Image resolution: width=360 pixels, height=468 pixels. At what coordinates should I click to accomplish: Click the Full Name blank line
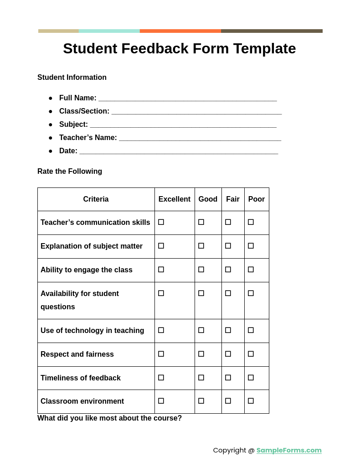click(187, 99)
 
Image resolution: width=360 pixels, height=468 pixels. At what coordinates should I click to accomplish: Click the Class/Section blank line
click(196, 112)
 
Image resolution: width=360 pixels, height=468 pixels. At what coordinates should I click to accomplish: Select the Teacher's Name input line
click(200, 138)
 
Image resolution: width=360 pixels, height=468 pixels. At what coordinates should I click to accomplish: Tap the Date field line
click(179, 151)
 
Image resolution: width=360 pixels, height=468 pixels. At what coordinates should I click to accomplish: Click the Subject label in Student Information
click(73, 125)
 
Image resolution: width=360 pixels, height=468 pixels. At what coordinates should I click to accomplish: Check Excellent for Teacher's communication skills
click(161, 222)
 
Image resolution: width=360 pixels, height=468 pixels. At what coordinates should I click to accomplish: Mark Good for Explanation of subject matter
click(201, 246)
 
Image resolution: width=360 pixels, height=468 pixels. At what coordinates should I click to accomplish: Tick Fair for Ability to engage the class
click(228, 270)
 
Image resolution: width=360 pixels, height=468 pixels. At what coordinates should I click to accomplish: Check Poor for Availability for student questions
click(251, 293)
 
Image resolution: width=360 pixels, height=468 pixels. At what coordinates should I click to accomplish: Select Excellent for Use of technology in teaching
click(161, 330)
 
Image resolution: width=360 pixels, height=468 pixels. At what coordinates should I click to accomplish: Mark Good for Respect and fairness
click(201, 354)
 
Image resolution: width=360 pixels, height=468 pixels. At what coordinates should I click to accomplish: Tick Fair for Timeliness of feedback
click(228, 378)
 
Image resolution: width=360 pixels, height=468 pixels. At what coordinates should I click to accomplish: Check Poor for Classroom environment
click(251, 401)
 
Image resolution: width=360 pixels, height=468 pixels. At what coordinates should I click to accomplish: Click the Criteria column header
click(96, 199)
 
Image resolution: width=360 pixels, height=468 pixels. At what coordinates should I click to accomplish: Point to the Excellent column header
click(175, 199)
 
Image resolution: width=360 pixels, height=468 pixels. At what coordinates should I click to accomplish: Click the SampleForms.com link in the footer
click(289, 450)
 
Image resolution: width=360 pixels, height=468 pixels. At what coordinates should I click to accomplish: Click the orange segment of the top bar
click(180, 31)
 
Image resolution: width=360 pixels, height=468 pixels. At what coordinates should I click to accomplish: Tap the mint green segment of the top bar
click(109, 31)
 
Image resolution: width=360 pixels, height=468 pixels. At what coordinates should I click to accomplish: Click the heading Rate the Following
click(70, 172)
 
